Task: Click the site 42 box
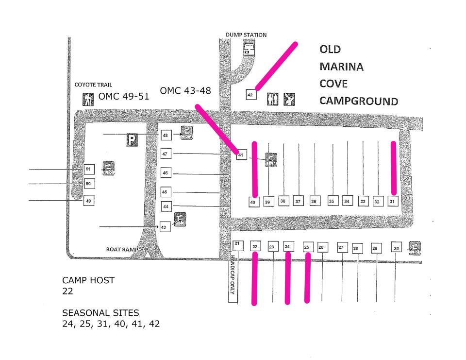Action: coord(250,95)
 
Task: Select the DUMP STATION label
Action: coord(246,35)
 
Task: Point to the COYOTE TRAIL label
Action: coord(94,85)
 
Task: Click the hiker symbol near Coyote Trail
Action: coord(88,99)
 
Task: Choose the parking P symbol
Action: coord(132,140)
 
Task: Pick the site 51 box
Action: coord(88,169)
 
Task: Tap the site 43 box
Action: coord(165,227)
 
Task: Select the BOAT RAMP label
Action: coord(122,250)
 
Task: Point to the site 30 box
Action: coord(397,248)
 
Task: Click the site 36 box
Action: coord(314,201)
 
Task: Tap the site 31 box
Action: coord(393,202)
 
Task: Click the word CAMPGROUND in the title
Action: coord(359,101)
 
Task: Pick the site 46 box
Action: coord(166,173)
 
